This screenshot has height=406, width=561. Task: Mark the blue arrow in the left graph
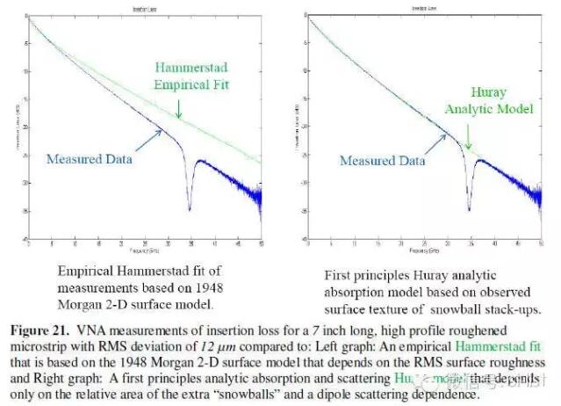click(147, 137)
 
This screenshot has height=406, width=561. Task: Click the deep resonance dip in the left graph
click(190, 208)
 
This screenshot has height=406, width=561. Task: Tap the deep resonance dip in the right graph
click(470, 209)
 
